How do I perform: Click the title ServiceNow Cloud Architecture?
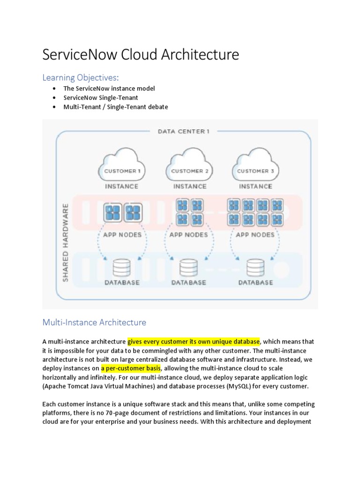coord(141,55)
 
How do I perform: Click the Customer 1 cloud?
coord(122,165)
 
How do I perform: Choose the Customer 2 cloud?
coord(189,165)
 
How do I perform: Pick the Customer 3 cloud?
coord(255,165)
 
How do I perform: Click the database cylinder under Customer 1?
coord(122,268)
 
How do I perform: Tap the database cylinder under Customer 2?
coord(188,268)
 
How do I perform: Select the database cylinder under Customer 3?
coord(255,268)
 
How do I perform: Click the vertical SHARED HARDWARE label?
coord(66,242)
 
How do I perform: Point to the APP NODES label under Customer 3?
coord(255,234)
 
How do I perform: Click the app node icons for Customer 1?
coord(122,213)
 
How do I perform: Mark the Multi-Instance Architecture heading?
coord(94,322)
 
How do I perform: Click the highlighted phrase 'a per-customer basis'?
coord(131,368)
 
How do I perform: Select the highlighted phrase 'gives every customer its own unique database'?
coord(194,341)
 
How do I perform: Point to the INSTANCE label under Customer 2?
coord(189,186)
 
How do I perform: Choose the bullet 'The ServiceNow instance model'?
coord(109,88)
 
